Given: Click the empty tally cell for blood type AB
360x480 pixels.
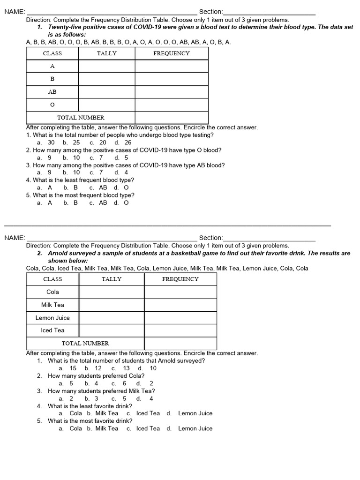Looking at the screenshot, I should (x=107, y=92).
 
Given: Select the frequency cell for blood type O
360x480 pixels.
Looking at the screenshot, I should (x=172, y=105).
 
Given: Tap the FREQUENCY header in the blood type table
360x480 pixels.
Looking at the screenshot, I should (x=172, y=53).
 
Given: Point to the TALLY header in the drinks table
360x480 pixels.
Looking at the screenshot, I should (x=112, y=279).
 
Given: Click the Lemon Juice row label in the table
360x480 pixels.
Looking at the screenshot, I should (x=52, y=318).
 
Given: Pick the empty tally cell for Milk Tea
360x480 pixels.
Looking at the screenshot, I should (x=112, y=305).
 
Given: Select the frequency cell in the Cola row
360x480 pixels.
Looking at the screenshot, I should (x=180, y=292).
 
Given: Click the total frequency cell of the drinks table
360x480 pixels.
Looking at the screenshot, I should (x=180, y=344).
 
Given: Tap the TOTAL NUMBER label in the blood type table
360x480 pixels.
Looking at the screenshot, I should (x=81, y=118).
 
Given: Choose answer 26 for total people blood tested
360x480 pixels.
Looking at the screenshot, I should (x=128, y=142).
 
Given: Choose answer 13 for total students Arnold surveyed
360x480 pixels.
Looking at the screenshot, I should (x=127, y=368).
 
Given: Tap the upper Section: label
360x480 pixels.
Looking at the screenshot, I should (x=211, y=12).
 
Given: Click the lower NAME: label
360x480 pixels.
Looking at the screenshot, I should (x=15, y=238).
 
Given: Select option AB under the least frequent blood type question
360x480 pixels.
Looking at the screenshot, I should (x=103, y=187).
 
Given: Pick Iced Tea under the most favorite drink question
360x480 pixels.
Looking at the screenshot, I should (x=148, y=428).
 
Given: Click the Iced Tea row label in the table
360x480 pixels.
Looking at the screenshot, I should (x=52, y=330).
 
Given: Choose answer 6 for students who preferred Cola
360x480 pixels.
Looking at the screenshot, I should (x=124, y=383).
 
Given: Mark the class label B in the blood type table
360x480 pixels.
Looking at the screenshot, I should (x=52, y=79).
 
